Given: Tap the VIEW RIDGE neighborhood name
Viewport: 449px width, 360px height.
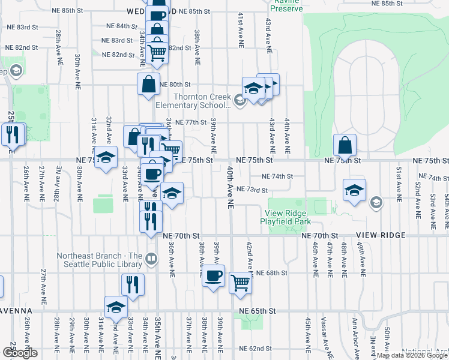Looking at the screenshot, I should pos(381,235).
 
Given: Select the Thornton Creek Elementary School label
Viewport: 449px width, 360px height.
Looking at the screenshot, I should pos(199,101).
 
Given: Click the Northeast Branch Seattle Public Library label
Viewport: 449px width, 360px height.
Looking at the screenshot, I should pos(99,260).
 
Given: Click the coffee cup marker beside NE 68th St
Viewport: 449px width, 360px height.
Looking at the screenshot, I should pos(213,276).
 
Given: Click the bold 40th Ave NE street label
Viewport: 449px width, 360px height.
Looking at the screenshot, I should pos(230,188).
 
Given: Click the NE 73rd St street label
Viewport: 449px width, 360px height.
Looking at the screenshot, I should pos(252,190).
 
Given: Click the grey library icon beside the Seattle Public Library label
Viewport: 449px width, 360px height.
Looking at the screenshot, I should pos(151,259).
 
